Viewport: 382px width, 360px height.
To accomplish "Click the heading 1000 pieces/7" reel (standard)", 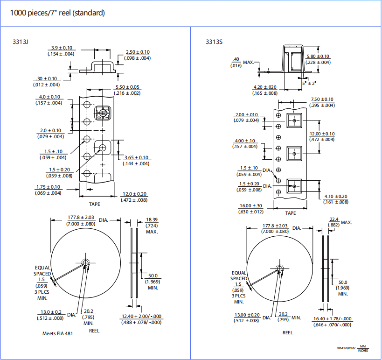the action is (x=57, y=13).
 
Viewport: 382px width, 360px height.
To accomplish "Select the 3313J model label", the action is (x=21, y=42).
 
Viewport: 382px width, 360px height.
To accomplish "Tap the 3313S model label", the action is (x=214, y=42).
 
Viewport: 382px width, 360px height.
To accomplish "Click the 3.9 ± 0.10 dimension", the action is (x=62, y=48).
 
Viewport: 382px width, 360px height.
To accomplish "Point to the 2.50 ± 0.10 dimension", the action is (x=138, y=52).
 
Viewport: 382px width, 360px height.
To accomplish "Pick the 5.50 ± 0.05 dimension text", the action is (x=127, y=87).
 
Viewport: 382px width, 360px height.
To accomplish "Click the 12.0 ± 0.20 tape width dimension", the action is (x=134, y=194).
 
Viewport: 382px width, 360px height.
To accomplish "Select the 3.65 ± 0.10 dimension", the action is (x=136, y=157).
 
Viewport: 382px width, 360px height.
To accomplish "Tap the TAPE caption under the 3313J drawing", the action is (x=95, y=204).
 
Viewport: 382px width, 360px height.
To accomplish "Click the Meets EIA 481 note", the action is (x=57, y=333).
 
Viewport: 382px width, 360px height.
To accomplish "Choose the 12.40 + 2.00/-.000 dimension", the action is (x=141, y=316).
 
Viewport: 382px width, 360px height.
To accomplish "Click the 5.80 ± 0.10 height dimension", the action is (x=318, y=56).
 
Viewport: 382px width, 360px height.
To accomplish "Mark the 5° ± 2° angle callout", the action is (x=309, y=83).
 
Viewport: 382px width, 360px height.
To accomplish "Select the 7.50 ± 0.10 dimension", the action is (x=322, y=99).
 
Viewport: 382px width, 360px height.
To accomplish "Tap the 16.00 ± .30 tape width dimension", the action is (x=250, y=206).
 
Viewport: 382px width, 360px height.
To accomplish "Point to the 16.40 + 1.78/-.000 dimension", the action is (x=332, y=319).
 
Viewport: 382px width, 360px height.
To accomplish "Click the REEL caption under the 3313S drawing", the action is (x=288, y=332).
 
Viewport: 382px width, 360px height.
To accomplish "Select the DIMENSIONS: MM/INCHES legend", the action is (x=353, y=348).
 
